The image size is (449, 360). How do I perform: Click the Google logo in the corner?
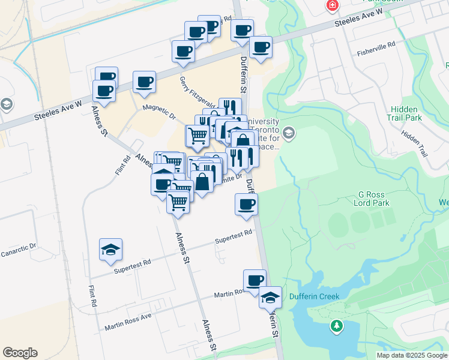coord(20,353)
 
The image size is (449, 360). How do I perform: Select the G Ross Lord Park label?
coord(375,199)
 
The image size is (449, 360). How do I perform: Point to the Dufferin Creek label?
coord(315,296)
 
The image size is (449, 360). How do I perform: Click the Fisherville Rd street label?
coord(375,45)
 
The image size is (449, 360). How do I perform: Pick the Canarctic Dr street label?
coord(19,246)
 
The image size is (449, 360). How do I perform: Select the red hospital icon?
coord(331,5)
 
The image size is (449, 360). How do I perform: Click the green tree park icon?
coord(337,326)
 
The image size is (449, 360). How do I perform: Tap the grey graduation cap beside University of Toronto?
coord(289,133)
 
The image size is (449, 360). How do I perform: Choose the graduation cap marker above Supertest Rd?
coord(110,250)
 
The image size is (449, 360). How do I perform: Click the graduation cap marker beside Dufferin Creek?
coord(270,297)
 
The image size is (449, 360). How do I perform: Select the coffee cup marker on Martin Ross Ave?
coord(255,280)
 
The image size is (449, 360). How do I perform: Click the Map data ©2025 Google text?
coord(412,355)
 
